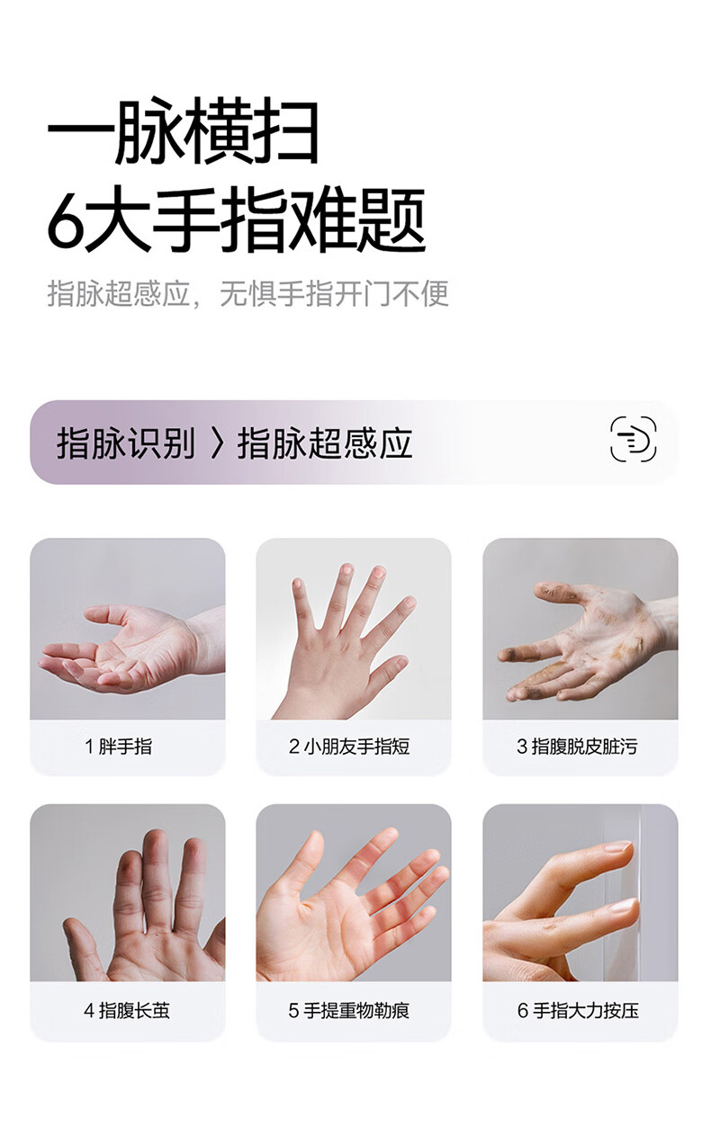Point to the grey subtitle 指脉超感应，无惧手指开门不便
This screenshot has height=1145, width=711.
click(x=248, y=293)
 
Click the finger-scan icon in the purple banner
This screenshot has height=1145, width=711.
click(x=634, y=439)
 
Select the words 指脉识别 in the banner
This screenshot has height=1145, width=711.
click(x=126, y=443)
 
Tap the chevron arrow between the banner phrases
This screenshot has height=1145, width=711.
click(x=218, y=443)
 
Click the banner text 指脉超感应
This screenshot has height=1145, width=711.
click(x=325, y=443)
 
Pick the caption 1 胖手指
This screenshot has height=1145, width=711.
click(x=118, y=747)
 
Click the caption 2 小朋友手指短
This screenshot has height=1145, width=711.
click(x=349, y=747)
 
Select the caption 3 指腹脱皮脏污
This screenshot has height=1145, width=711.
click(x=577, y=747)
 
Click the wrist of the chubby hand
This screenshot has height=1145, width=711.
click(x=207, y=639)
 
